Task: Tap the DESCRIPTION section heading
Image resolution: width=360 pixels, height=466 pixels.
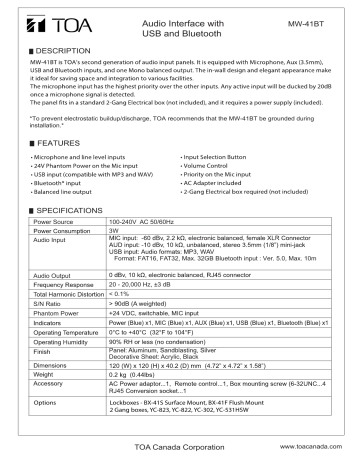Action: pos(51,48)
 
